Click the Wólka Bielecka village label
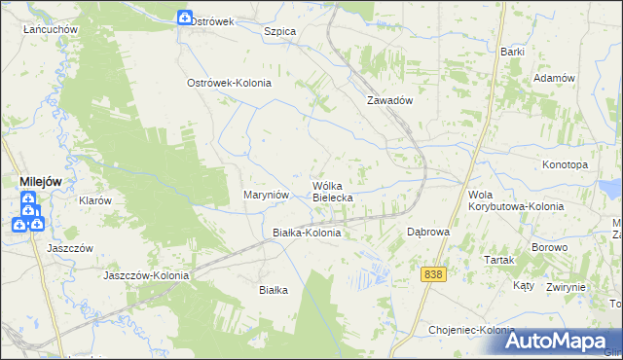pyautogui.click(x=332, y=191)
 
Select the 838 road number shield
pyautogui.click(x=434, y=275)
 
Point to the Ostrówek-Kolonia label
pyautogui.click(x=229, y=84)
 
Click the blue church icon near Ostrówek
pyautogui.click(x=185, y=18)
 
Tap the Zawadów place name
pyautogui.click(x=391, y=100)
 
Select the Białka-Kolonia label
pyautogui.click(x=307, y=234)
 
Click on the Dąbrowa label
pyautogui.click(x=427, y=233)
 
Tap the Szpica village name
pyautogui.click(x=280, y=31)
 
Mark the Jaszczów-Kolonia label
pyautogui.click(x=146, y=275)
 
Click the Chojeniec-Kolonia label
pyautogui.click(x=472, y=331)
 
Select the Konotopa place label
pyautogui.click(x=566, y=165)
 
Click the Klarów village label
pyautogui.click(x=95, y=200)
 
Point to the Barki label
pyautogui.click(x=513, y=52)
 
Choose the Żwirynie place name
pyautogui.click(x=566, y=287)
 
